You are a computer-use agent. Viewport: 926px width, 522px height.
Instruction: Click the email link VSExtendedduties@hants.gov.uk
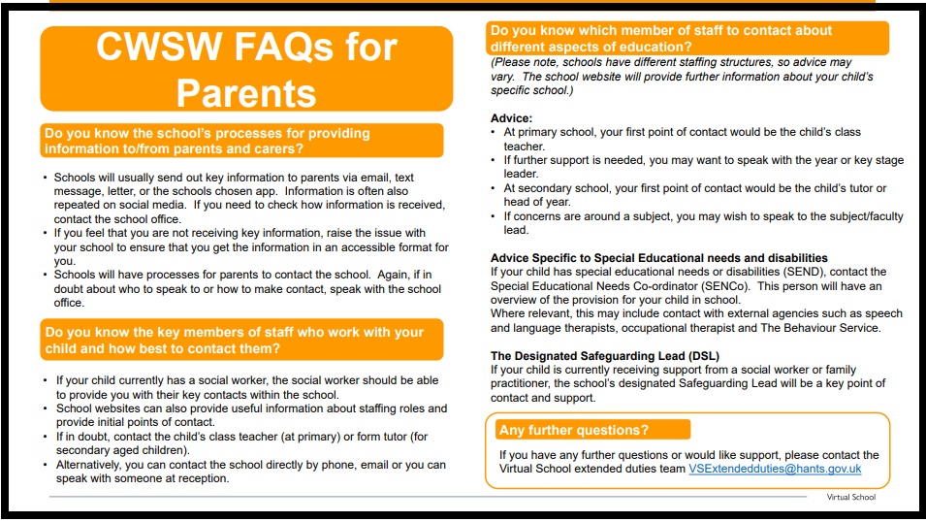pyautogui.click(x=775, y=470)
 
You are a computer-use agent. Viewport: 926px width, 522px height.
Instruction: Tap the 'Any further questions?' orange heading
pyautogui.click(x=574, y=430)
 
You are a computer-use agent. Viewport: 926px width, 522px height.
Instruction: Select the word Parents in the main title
pyautogui.click(x=245, y=92)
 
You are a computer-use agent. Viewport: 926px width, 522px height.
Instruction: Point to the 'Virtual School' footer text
pyautogui.click(x=850, y=498)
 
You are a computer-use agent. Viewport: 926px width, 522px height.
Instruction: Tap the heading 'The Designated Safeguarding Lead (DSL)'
pyautogui.click(x=605, y=356)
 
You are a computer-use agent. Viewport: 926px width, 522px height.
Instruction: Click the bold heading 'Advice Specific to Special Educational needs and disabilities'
pyautogui.click(x=659, y=258)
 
